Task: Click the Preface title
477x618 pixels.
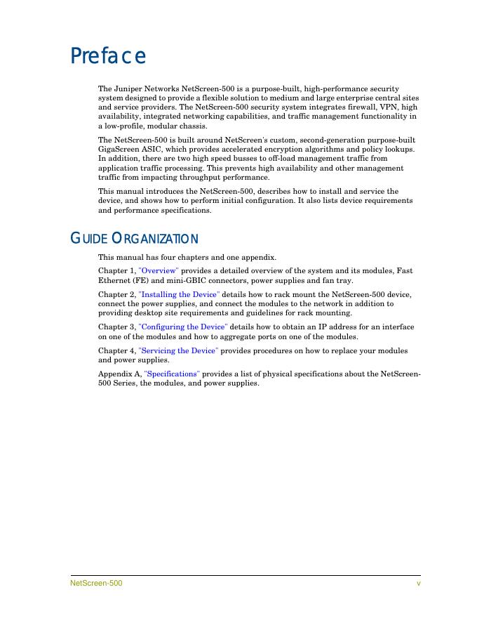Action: coord(108,55)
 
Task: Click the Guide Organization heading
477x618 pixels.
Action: coord(134,239)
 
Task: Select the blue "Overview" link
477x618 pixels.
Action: coord(159,270)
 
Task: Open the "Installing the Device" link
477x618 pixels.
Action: coord(179,294)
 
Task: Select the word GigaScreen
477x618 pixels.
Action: coord(119,150)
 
